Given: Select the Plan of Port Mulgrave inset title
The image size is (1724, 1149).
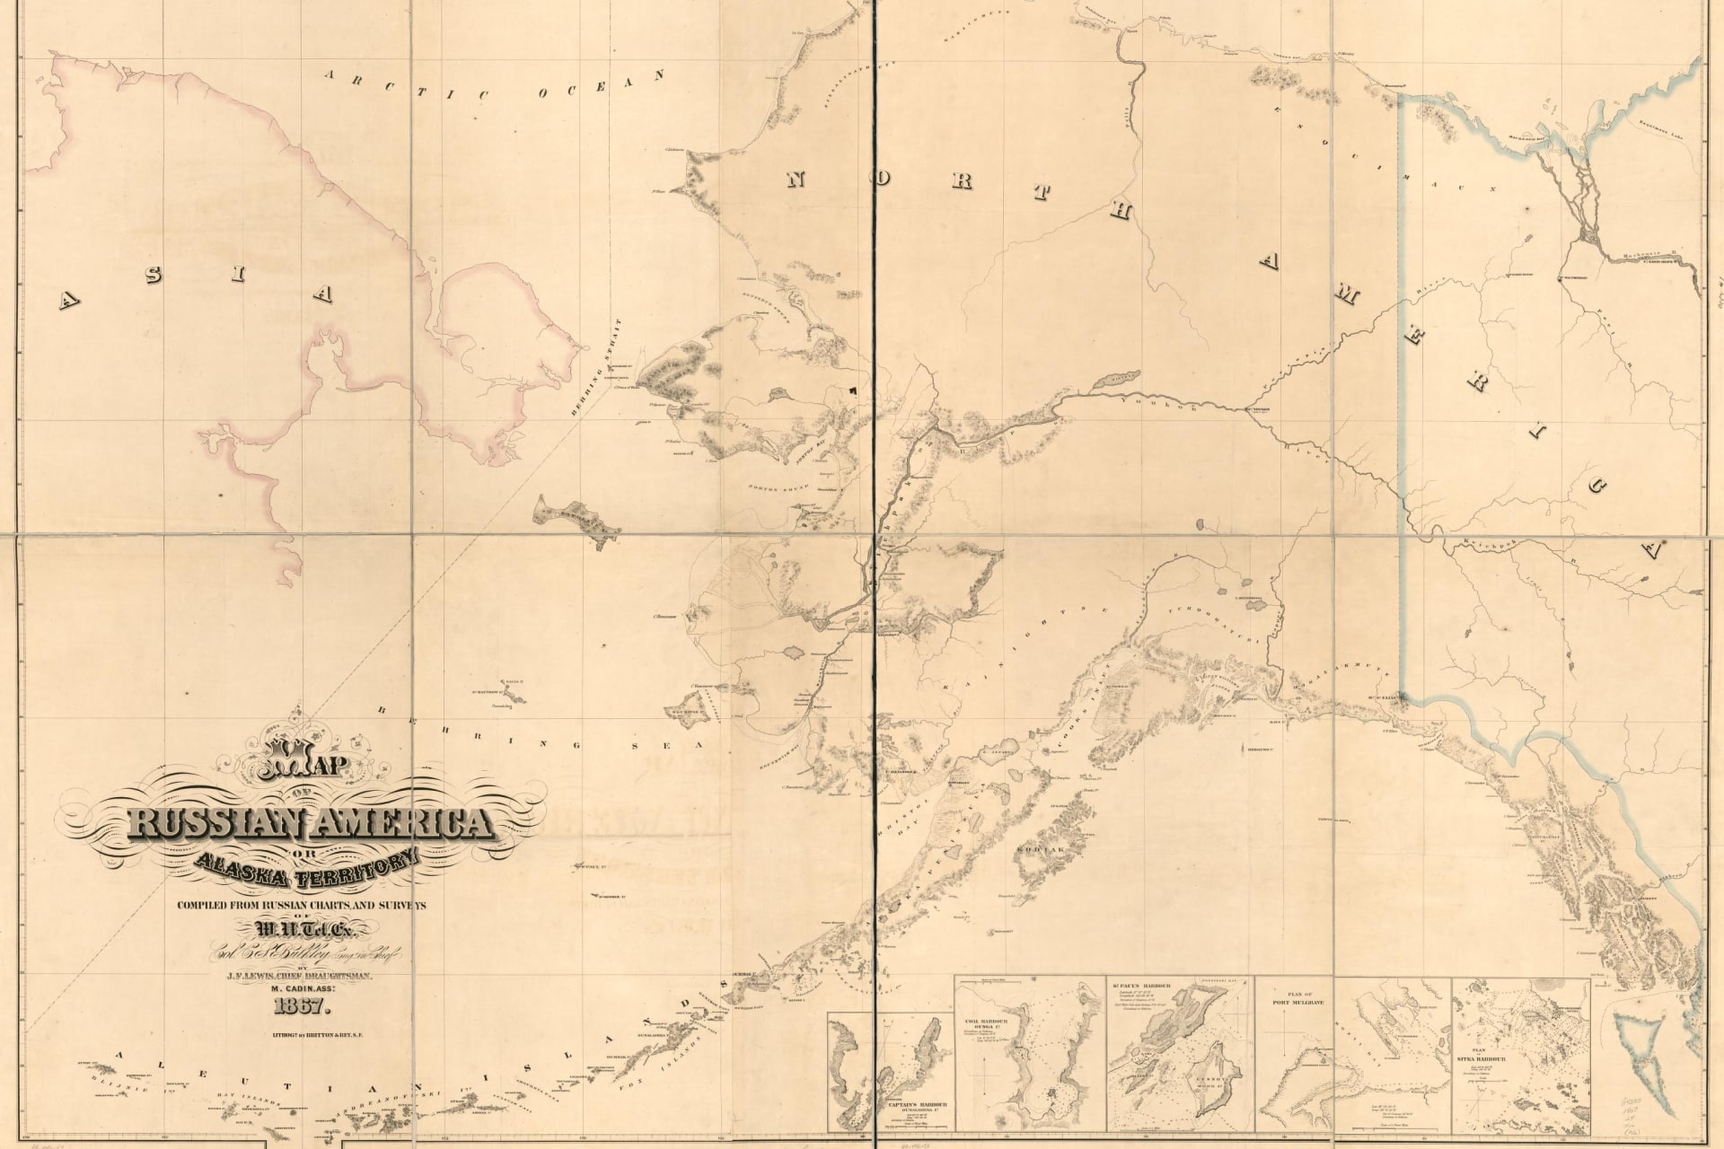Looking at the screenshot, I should (1292, 1004).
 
